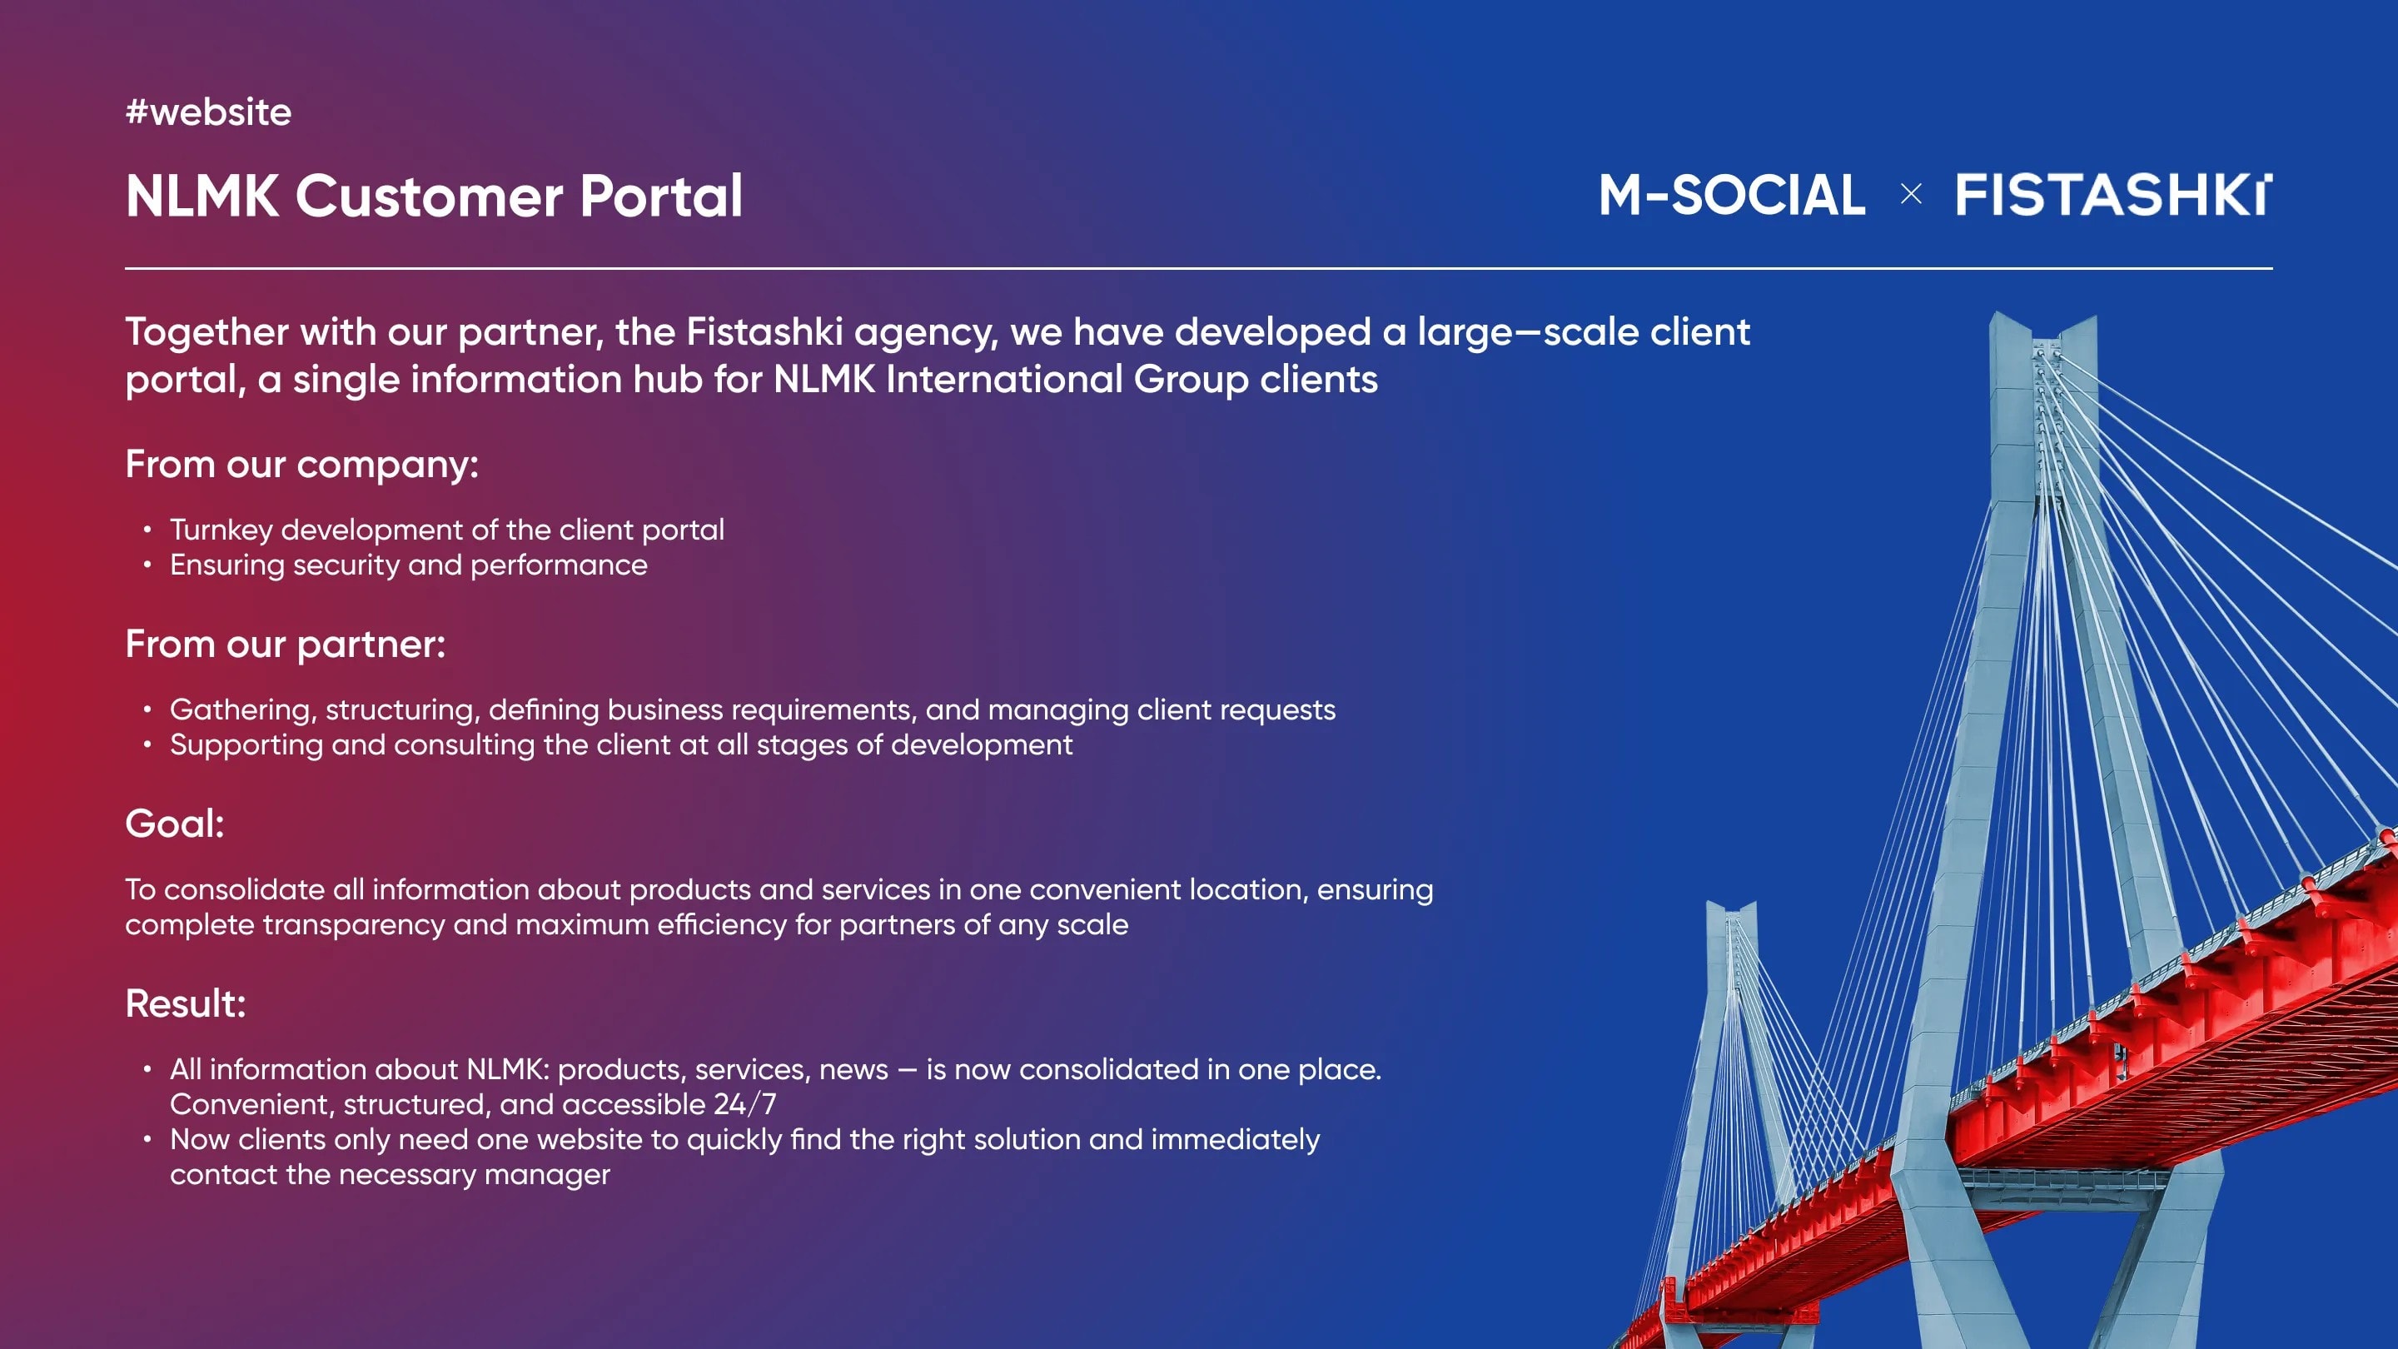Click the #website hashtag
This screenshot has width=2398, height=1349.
coord(208,112)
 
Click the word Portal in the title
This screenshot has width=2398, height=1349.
coord(661,196)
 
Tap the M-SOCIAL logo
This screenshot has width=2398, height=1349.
coord(1733,195)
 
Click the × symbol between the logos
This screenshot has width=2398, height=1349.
coord(1911,194)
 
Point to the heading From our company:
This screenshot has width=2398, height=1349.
coord(301,464)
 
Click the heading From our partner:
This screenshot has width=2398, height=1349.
coord(286,644)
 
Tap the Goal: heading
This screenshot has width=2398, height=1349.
coord(175,823)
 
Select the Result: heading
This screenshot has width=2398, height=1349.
coord(185,1003)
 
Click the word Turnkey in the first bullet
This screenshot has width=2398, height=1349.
coord(221,530)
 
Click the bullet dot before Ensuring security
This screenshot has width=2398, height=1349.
coord(147,565)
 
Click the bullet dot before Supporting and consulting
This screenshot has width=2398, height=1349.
coord(147,744)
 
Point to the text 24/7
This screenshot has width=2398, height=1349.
coord(744,1104)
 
